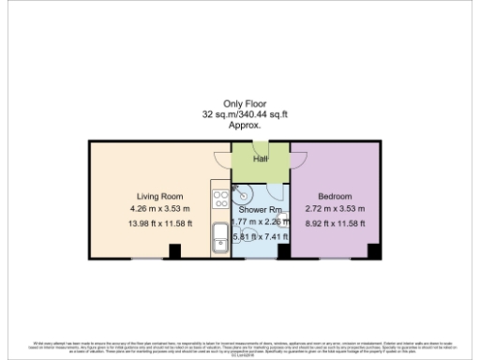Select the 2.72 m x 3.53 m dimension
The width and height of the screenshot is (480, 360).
[x=335, y=208]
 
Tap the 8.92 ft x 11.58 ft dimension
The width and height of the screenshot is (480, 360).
[x=335, y=224]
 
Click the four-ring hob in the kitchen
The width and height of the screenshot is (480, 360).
[x=220, y=198]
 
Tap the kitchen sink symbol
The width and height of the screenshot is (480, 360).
[x=219, y=236]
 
